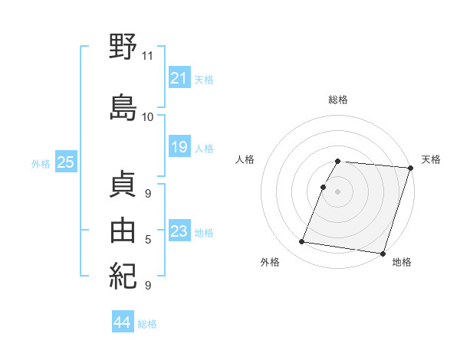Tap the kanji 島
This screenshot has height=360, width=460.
(x=123, y=106)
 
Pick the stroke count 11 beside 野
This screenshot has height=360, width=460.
(x=148, y=56)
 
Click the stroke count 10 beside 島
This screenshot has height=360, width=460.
(x=148, y=117)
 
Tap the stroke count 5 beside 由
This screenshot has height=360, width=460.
(x=148, y=240)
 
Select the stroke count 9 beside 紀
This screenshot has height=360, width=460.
(x=148, y=286)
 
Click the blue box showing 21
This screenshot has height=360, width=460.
(x=179, y=78)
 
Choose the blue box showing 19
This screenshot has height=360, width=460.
(x=179, y=147)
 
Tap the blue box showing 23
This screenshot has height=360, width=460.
(x=179, y=231)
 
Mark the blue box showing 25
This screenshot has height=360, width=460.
(x=65, y=162)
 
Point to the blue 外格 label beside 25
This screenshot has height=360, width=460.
(x=41, y=163)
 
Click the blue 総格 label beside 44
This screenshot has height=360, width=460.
(x=147, y=324)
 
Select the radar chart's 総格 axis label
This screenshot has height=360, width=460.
(x=337, y=100)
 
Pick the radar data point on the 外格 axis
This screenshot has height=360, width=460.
(x=301, y=242)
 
